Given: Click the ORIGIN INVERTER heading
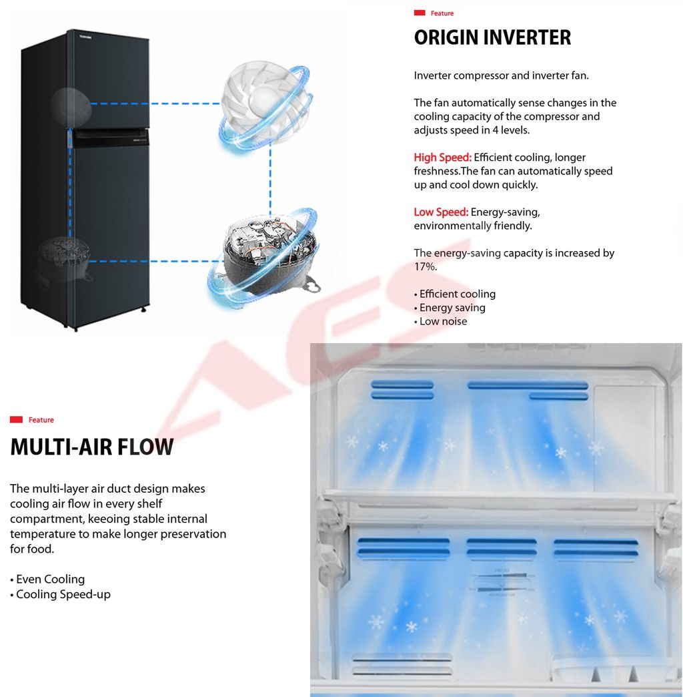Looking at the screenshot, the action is tap(492, 37).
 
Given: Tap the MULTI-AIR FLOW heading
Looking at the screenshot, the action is tap(92, 447).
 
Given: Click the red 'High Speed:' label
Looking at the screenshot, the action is tap(442, 158).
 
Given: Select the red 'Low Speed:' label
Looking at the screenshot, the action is tap(441, 212).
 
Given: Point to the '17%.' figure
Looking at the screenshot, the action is tap(426, 266).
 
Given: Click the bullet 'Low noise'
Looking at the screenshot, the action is tap(440, 321).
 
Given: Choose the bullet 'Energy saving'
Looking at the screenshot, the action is tap(450, 308).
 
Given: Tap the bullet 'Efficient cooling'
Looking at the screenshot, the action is tap(455, 294).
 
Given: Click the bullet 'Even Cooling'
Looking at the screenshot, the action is tap(47, 579).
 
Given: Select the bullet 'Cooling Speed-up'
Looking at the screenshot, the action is tap(61, 594).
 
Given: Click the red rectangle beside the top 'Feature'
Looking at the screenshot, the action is tap(420, 13).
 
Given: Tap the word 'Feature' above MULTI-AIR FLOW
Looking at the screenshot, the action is tap(41, 420).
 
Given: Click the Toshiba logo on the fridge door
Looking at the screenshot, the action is tap(85, 37).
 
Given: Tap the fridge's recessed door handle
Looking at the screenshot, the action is tap(111, 138).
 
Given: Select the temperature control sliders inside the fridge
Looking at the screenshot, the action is tap(503, 582).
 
